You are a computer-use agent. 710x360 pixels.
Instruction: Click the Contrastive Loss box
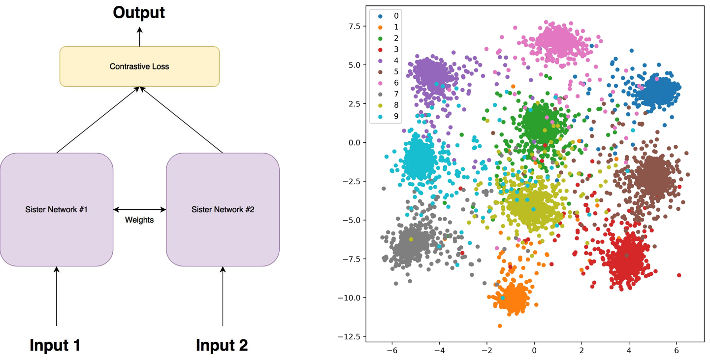click(139, 66)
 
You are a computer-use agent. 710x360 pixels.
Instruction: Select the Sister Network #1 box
click(57, 209)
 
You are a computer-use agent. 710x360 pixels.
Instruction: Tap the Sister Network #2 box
click(223, 209)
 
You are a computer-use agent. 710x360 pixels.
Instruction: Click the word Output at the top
click(139, 13)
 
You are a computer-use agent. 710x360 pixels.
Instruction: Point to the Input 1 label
click(55, 345)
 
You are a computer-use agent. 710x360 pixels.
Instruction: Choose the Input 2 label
click(222, 345)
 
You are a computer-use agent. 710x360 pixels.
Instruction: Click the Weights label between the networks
click(139, 220)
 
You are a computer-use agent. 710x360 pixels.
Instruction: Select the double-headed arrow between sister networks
click(139, 209)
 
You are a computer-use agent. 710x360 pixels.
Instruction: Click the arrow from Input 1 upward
click(57, 296)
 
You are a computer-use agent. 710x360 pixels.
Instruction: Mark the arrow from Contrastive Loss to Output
click(139, 37)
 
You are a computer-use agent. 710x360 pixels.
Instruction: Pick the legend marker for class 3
click(380, 50)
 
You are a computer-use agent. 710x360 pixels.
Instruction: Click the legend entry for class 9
click(388, 116)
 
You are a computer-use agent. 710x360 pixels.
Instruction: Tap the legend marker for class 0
click(380, 16)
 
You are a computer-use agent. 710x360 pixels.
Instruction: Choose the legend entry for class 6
click(388, 83)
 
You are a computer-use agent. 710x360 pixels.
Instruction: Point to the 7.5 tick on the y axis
click(355, 26)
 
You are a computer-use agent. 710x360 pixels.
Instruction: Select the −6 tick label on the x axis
click(392, 351)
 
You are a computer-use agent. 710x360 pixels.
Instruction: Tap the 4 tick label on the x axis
click(629, 351)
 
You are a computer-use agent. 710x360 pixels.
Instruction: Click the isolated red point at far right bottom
click(679, 275)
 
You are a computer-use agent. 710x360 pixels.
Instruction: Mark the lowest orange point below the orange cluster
click(500, 326)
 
